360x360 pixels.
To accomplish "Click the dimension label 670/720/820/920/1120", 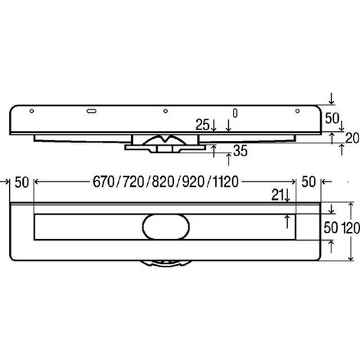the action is click(165, 182).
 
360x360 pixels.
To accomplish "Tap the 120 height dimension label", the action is click(351, 227).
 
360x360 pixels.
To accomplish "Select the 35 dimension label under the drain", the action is click(241, 151).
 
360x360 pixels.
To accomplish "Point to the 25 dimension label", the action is click(202, 125).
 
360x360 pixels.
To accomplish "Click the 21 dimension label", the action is click(277, 195).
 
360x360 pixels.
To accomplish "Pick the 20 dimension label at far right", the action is click(352, 139).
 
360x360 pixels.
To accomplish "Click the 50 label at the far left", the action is click(21, 182).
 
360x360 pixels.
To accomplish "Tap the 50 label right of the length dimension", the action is click(309, 182).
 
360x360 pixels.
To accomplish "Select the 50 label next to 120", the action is click(331, 227).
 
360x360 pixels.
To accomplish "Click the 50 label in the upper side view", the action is click(332, 118).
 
